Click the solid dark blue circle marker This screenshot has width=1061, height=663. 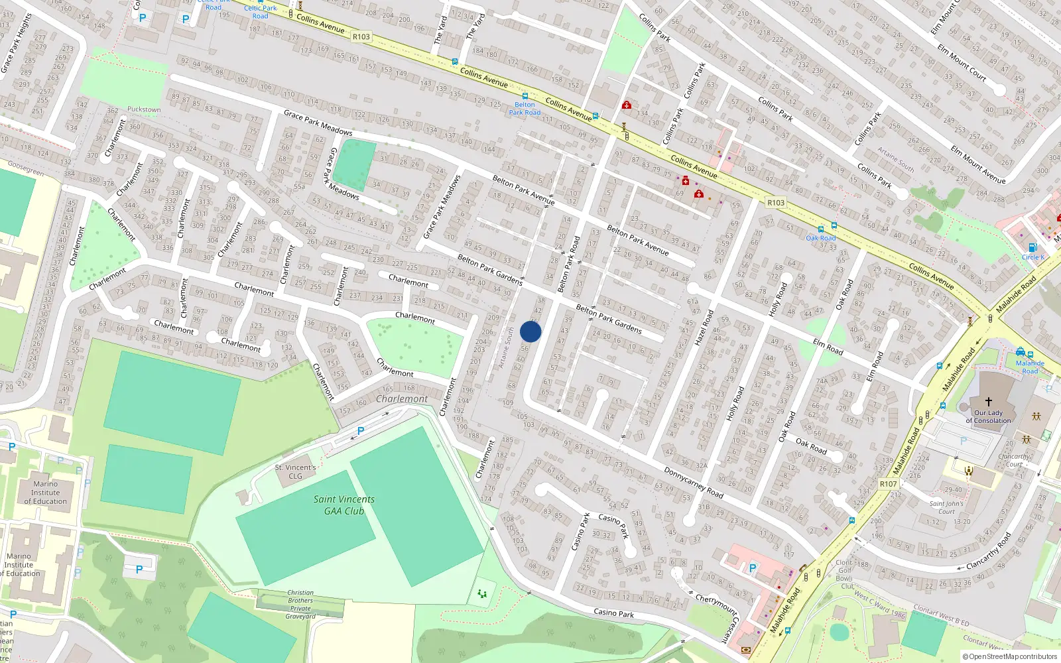(x=530, y=331)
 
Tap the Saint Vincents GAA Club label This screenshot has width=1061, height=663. (x=344, y=505)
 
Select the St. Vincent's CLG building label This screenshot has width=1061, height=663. (x=296, y=471)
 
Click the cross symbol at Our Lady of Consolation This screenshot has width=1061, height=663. (x=989, y=402)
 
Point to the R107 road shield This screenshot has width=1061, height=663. (x=888, y=484)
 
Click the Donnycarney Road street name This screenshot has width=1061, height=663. (x=694, y=482)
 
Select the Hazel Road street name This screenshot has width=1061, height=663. (x=704, y=328)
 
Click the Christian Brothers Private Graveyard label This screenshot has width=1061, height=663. (x=300, y=605)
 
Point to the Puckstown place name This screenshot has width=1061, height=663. (x=144, y=109)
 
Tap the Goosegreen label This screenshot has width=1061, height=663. (x=26, y=168)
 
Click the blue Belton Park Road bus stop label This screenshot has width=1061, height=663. (x=525, y=109)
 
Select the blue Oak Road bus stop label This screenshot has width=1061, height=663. (x=821, y=238)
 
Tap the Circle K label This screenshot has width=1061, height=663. (x=1032, y=257)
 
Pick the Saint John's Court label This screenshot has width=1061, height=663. (x=946, y=507)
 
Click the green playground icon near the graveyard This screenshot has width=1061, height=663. (x=482, y=593)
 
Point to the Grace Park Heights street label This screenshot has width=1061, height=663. (x=17, y=43)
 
